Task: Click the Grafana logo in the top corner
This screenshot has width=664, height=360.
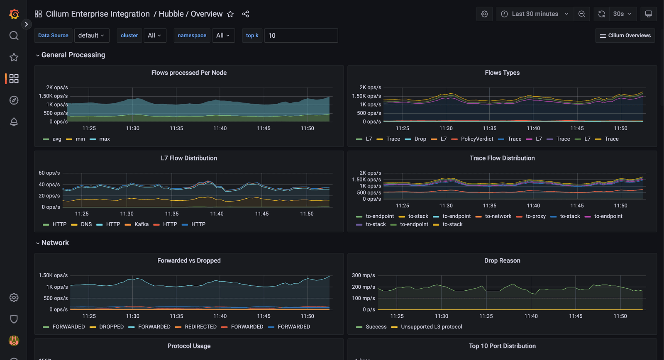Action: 14,14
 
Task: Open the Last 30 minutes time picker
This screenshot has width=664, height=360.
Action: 535,14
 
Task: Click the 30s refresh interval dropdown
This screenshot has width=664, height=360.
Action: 622,14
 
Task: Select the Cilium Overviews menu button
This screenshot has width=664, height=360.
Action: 625,36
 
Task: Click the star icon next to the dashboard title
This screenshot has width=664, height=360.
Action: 230,14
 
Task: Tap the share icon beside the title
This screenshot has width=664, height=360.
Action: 246,14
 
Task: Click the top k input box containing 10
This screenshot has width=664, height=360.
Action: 300,36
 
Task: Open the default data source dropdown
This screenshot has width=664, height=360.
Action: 92,36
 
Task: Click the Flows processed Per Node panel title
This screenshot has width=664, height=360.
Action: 189,73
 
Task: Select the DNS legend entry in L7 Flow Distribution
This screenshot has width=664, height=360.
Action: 86,224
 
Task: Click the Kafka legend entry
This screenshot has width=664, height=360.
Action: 141,224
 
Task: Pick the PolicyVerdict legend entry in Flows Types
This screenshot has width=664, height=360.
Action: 477,139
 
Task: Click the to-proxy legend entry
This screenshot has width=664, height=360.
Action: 535,216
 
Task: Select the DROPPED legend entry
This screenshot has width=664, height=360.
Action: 111,327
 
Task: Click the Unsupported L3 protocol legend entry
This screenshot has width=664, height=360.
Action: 431,327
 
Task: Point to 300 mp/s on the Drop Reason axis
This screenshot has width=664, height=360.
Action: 363,275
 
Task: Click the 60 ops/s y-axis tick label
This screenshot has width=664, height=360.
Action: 49,173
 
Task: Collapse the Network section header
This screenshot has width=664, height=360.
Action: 55,243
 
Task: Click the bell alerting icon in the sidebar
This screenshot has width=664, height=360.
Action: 14,122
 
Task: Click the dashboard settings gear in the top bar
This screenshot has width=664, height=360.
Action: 484,14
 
